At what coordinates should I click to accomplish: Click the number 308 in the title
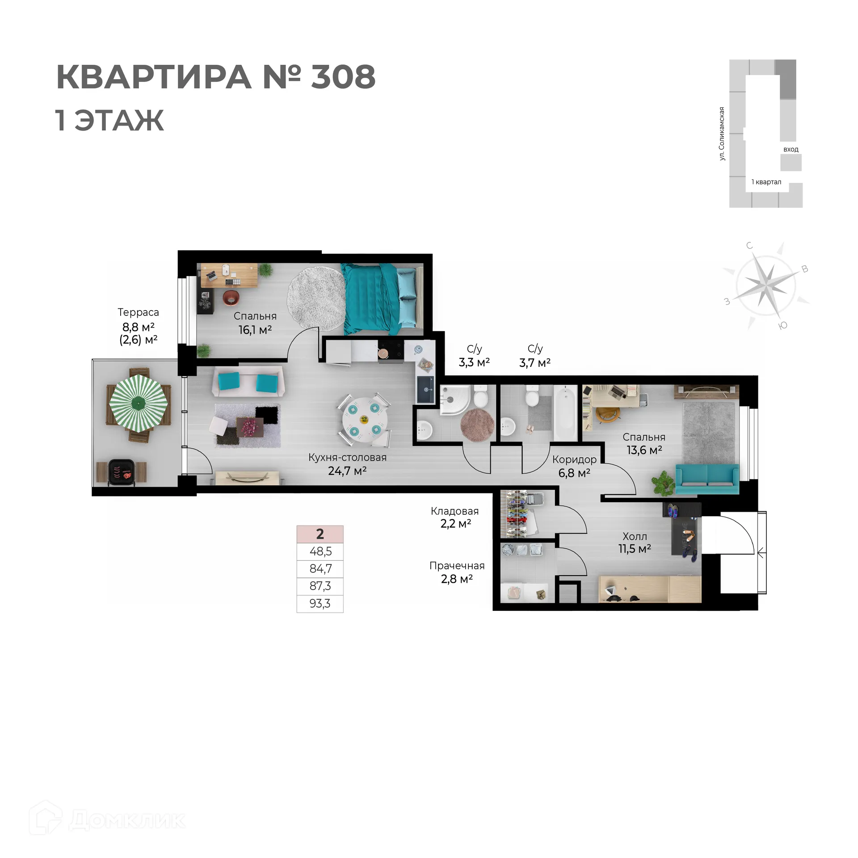click(343, 77)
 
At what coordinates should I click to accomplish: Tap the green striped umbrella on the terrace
click(139, 403)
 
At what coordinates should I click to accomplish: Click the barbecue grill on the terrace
click(121, 472)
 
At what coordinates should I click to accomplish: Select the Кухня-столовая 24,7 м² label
click(347, 464)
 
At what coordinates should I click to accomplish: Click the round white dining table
click(365, 421)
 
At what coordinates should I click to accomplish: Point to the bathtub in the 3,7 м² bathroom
click(565, 413)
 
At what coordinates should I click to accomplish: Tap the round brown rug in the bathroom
click(477, 425)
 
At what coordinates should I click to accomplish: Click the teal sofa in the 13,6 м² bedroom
click(707, 479)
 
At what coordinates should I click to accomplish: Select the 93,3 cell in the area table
click(320, 604)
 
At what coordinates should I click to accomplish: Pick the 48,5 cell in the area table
click(320, 551)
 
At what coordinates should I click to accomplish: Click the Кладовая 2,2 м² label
click(455, 517)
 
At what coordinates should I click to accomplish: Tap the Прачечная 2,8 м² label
click(457, 572)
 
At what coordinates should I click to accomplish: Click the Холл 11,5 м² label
click(635, 543)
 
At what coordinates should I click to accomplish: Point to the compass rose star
click(766, 284)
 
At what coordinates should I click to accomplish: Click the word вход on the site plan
click(791, 149)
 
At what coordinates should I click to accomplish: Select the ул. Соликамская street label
click(722, 134)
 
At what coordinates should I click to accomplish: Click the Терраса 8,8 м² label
click(138, 326)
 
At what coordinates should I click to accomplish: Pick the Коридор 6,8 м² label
click(574, 466)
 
